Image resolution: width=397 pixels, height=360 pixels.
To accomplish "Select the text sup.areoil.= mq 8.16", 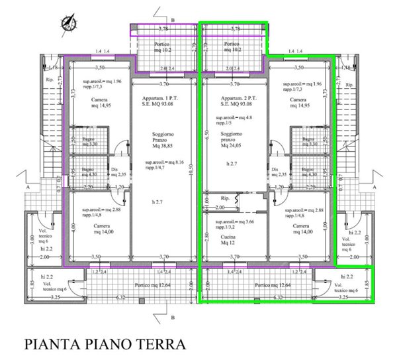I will coord(165,161).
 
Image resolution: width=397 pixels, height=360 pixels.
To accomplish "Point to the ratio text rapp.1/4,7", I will coord(159,168).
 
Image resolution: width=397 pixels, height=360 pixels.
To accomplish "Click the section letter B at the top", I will coord(172,21).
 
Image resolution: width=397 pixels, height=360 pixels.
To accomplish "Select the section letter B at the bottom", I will coord(172,317).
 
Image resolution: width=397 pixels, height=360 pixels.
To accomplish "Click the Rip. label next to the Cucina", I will coord(225,200).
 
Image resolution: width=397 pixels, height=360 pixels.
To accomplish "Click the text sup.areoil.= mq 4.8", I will coord(232,117).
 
